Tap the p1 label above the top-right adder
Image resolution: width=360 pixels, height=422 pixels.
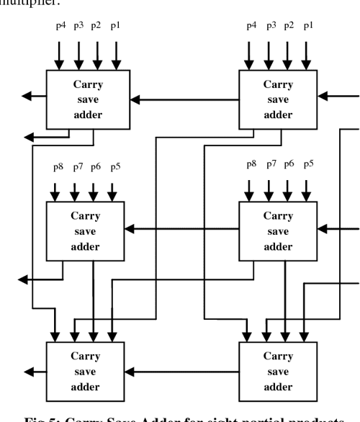tap(308, 27)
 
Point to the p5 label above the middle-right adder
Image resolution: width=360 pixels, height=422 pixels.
tap(308, 164)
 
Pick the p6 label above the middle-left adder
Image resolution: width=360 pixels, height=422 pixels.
tap(96, 168)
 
